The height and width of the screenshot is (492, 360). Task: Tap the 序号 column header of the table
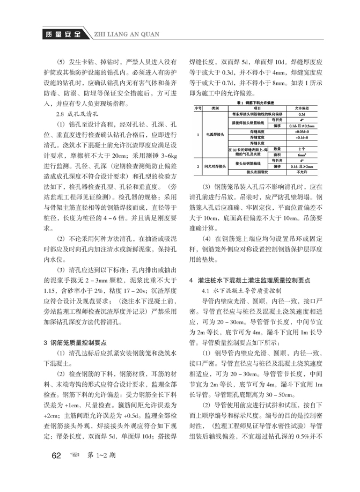(x=199, y=108)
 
